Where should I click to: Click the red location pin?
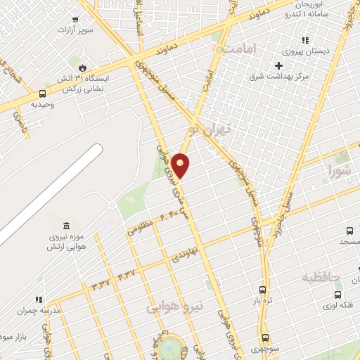(x=181, y=165)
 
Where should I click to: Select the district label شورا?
(x=339, y=170)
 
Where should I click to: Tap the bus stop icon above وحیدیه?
(x=42, y=94)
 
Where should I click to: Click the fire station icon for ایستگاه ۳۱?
(x=83, y=67)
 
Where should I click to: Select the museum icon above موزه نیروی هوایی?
(x=66, y=226)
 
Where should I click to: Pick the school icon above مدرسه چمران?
(x=39, y=300)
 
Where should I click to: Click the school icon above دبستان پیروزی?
(x=304, y=40)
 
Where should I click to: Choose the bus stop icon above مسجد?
(x=349, y=231)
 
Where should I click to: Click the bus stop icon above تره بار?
(x=263, y=290)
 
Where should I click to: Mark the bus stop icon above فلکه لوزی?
(x=338, y=294)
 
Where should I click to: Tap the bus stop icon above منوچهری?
(x=265, y=337)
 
